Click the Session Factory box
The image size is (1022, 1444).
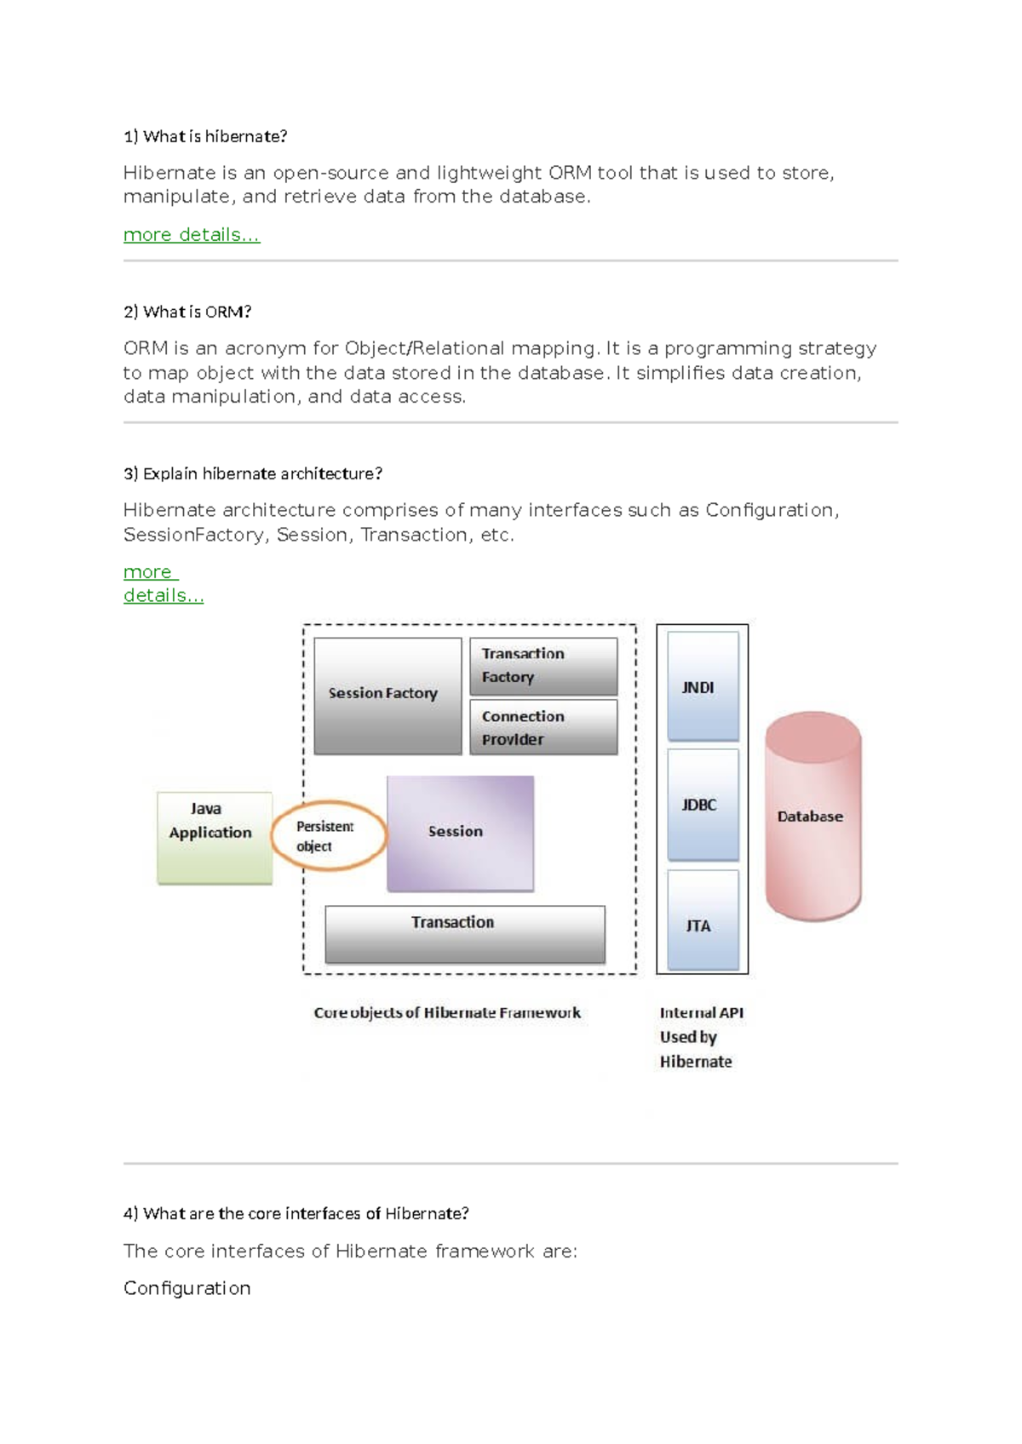tap(388, 696)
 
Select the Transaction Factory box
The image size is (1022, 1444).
tap(543, 666)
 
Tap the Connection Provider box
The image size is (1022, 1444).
tap(543, 727)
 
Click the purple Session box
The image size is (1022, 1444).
tap(461, 833)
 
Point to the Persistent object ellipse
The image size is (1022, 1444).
tap(328, 836)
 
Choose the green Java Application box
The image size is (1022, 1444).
tap(215, 838)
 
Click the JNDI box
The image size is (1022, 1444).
tap(703, 686)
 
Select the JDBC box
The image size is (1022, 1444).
tap(703, 805)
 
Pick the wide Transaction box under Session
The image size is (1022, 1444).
tap(465, 934)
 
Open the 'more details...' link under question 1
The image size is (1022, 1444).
tap(192, 235)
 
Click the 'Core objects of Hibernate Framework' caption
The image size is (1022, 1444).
tap(447, 1012)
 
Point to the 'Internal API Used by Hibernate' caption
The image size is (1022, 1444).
tap(701, 1036)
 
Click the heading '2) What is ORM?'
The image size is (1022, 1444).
tap(187, 312)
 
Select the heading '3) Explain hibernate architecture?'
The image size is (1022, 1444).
tap(253, 473)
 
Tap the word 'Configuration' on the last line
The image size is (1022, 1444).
tap(187, 1288)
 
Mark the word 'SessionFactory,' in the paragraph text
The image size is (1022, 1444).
tap(196, 535)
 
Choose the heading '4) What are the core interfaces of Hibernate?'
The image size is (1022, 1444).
tap(296, 1213)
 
